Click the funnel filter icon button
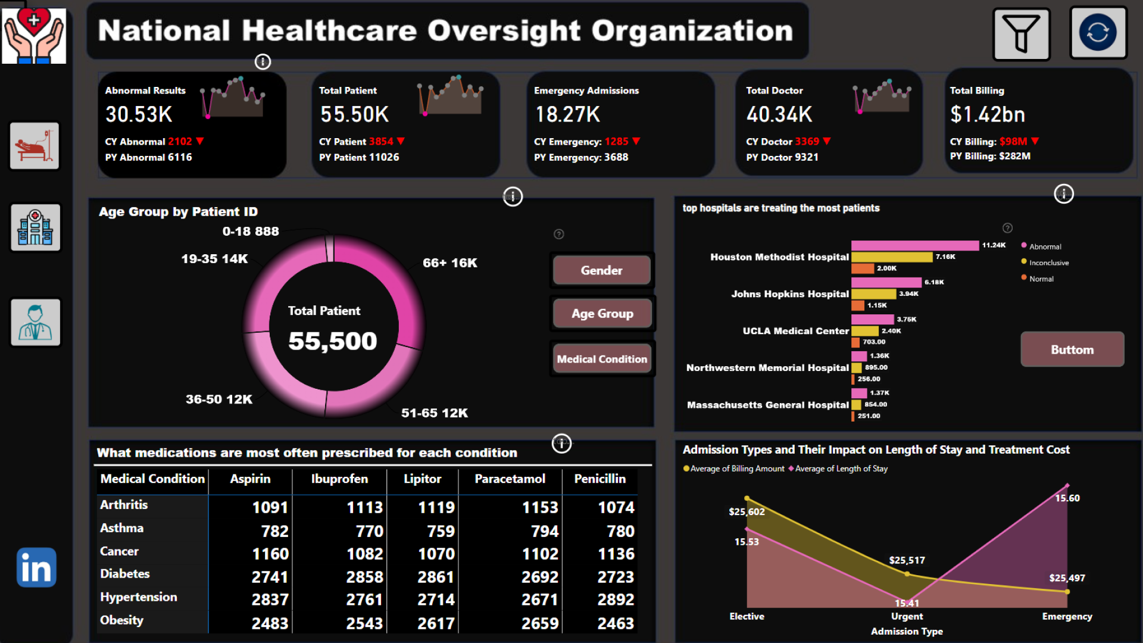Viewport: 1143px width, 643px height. click(1021, 34)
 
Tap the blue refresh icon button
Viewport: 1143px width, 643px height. click(1098, 33)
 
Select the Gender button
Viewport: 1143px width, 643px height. click(601, 270)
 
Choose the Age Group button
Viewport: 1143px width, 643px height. click(602, 314)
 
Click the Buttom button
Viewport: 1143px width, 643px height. click(1072, 349)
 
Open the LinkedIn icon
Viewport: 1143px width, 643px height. click(36, 567)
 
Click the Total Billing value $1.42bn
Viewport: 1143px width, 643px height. click(987, 114)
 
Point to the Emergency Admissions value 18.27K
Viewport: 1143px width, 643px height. click(567, 114)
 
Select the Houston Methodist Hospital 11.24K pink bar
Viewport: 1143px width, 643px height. click(914, 245)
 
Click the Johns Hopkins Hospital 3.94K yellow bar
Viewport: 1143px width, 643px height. click(873, 294)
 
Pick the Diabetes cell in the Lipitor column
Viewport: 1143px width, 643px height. click(436, 577)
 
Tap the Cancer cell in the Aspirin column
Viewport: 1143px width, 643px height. click(270, 554)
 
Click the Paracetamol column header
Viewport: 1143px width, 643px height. click(510, 479)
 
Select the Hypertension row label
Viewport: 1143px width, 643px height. click(138, 597)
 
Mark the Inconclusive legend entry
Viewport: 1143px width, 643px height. click(1048, 263)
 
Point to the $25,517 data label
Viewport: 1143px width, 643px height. click(907, 560)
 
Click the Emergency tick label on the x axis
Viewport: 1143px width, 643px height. click(1067, 616)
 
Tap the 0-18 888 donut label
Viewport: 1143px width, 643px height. click(251, 231)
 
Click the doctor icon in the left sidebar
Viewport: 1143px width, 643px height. click(35, 322)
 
